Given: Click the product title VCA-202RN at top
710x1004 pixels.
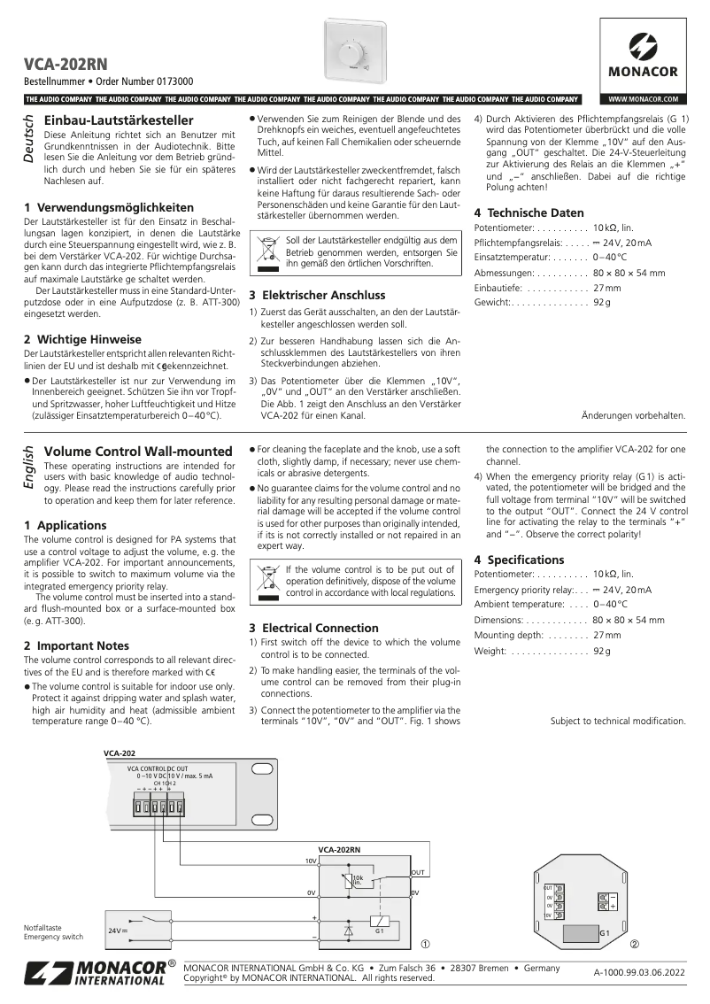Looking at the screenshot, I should point(66,64).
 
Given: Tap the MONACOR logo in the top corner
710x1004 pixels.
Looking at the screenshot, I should point(643,54).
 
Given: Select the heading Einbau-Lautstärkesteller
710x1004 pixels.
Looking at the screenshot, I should point(118,120).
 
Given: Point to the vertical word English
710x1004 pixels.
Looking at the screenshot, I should point(28,467).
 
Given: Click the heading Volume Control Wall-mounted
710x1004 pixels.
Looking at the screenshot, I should point(137,452).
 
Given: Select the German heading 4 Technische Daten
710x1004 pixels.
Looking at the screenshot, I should point(529,212).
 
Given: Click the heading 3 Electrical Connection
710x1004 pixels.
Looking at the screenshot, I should point(313,628).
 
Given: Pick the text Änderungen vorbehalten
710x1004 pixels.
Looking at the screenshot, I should point(633,415).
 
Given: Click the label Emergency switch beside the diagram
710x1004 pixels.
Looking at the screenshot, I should point(53,937).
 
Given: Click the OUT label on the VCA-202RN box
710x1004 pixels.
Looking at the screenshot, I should point(418,872).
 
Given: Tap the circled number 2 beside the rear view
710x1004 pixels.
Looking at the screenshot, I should point(635,944).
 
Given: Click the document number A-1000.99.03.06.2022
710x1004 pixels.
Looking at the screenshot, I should point(639,973).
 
